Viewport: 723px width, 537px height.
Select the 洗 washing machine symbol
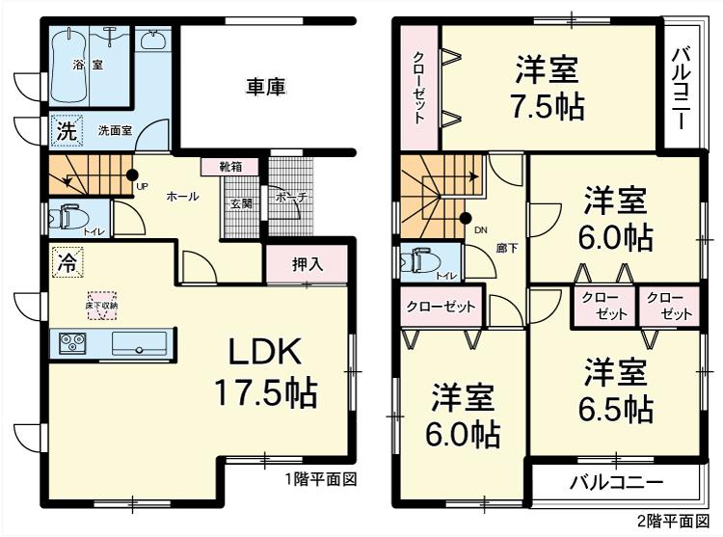(65, 132)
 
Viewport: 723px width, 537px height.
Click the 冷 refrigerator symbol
(67, 261)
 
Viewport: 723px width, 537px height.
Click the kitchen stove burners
(72, 342)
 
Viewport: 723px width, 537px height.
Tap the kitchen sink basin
(140, 343)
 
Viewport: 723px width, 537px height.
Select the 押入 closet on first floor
(307, 264)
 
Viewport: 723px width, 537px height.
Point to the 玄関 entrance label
(241, 203)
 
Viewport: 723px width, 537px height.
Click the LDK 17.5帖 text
(265, 372)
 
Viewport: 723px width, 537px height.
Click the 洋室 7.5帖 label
(547, 88)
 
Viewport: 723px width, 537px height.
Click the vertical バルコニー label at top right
(679, 87)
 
